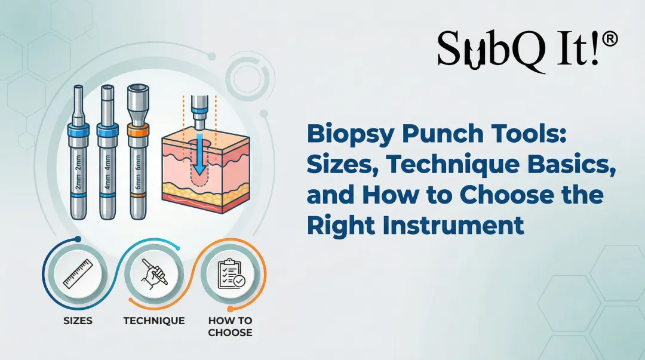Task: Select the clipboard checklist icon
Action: click(x=231, y=275)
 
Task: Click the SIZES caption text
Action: click(x=78, y=321)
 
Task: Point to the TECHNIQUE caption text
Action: click(x=154, y=321)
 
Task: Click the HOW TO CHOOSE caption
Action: click(x=230, y=326)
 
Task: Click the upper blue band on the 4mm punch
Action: click(x=107, y=131)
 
